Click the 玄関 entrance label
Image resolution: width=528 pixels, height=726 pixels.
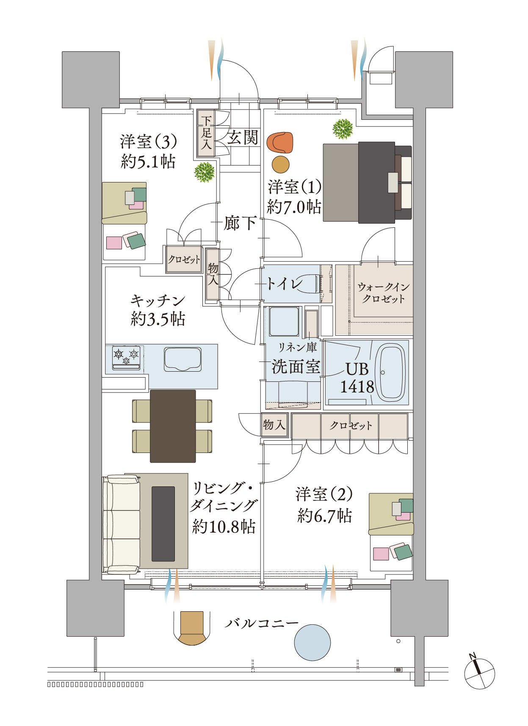[243, 138]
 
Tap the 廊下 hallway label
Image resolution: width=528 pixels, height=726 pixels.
[240, 223]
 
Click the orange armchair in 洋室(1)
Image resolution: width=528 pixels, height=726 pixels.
[280, 143]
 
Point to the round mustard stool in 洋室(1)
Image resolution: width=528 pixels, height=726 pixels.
[280, 164]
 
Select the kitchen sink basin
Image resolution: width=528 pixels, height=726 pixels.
[182, 359]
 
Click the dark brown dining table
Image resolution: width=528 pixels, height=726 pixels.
[173, 426]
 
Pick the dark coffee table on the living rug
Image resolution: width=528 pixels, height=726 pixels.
[163, 524]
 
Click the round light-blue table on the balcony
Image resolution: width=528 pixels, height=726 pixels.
[312, 642]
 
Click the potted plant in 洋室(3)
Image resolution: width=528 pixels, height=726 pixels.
[204, 172]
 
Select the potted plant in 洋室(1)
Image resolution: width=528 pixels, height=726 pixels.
[343, 129]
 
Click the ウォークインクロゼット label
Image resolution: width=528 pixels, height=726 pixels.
[383, 293]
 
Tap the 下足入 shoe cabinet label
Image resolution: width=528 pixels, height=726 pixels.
[206, 133]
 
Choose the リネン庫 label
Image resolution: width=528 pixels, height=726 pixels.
[297, 347]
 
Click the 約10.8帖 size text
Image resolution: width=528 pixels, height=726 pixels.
[224, 526]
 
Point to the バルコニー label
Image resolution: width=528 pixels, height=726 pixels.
[261, 623]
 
